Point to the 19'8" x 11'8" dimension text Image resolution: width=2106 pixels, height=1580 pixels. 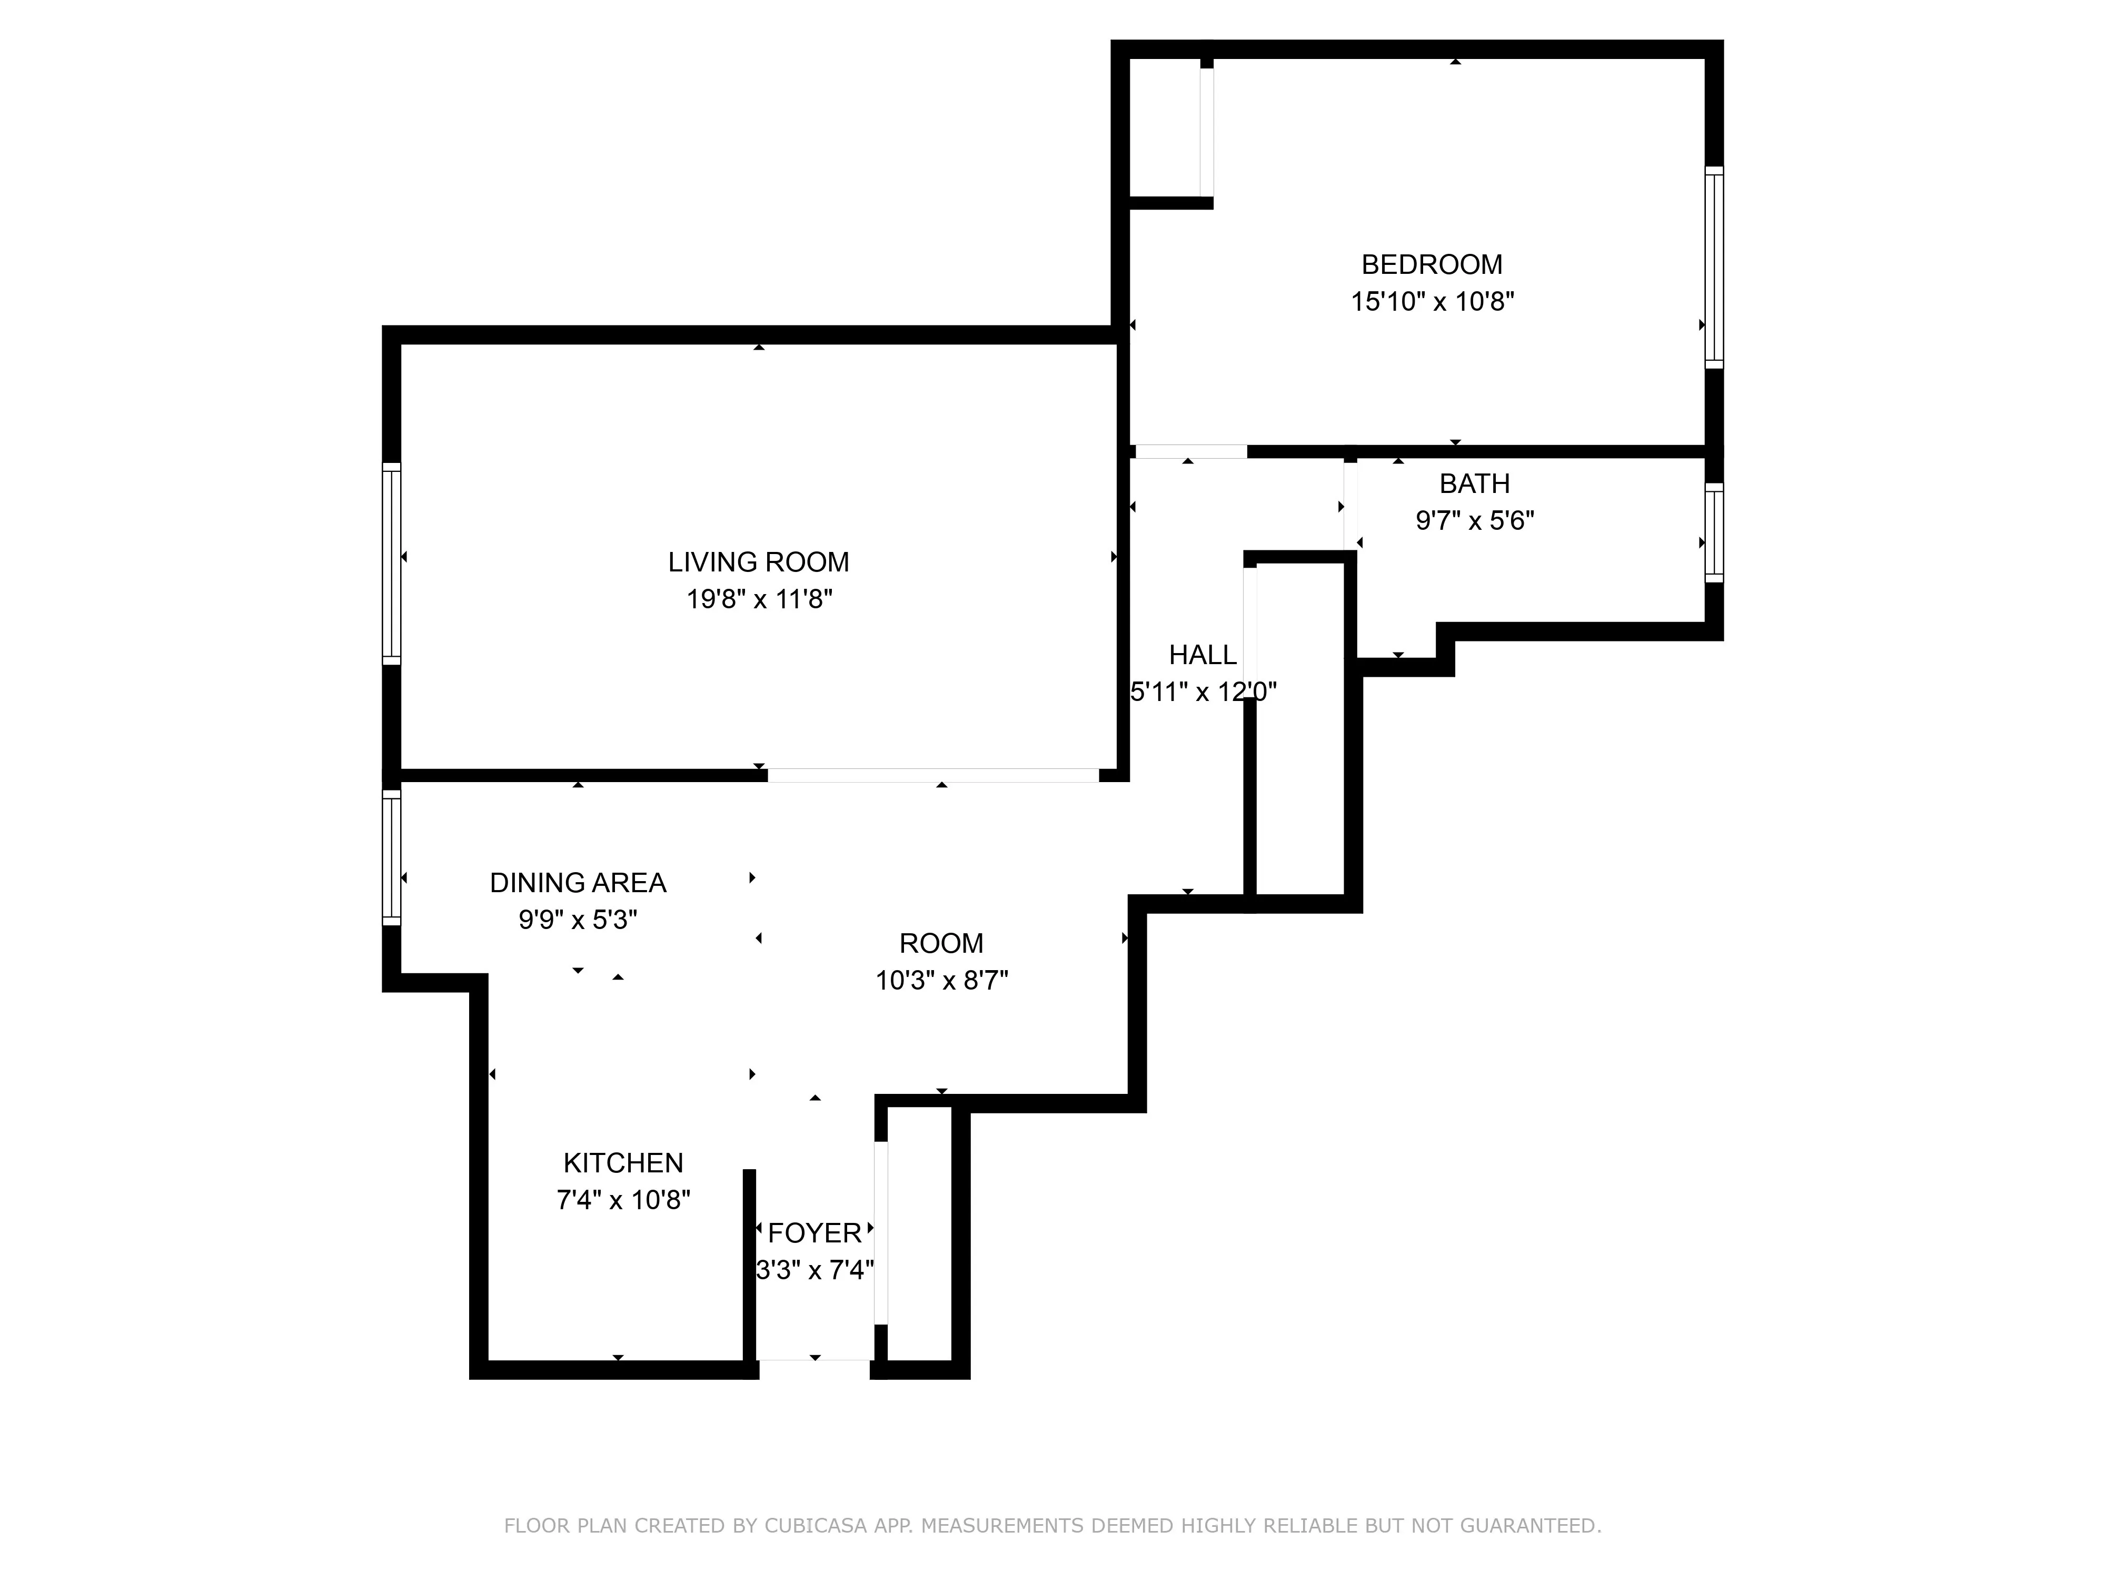[759, 599]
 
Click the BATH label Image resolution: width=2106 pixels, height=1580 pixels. [1474, 484]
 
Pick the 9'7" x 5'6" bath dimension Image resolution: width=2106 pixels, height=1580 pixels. [1474, 521]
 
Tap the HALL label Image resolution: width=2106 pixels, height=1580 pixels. [1203, 655]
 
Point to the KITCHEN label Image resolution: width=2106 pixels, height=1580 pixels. [623, 1163]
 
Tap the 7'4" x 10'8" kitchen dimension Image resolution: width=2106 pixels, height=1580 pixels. [623, 1200]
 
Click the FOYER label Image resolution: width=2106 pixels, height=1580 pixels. [814, 1233]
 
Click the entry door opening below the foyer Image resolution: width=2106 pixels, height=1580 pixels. [814, 1369]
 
